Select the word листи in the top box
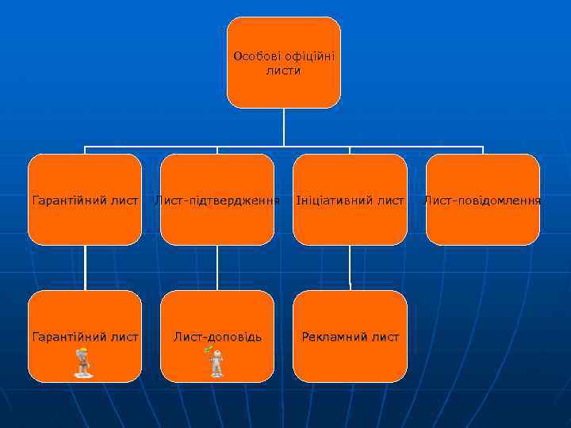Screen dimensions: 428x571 click(284, 71)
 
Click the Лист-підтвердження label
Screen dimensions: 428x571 click(217, 201)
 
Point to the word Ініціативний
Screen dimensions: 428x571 click(332, 201)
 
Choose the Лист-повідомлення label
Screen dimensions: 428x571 click(483, 201)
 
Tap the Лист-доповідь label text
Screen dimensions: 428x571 click(217, 337)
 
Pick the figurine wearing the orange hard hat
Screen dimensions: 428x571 click(82, 362)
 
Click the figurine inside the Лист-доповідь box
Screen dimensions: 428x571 click(217, 364)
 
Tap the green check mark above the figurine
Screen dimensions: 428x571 click(208, 350)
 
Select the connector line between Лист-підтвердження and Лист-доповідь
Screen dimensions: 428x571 click(217, 267)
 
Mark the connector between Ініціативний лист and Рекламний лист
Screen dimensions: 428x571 click(350, 267)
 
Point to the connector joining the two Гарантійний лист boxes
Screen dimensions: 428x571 click(85, 267)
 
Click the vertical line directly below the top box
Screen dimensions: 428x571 click(284, 127)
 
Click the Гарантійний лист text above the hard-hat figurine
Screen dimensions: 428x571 click(85, 337)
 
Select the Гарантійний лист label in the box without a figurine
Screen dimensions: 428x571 click(85, 201)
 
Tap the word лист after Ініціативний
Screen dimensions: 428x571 click(388, 201)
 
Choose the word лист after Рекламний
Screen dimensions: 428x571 click(385, 337)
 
